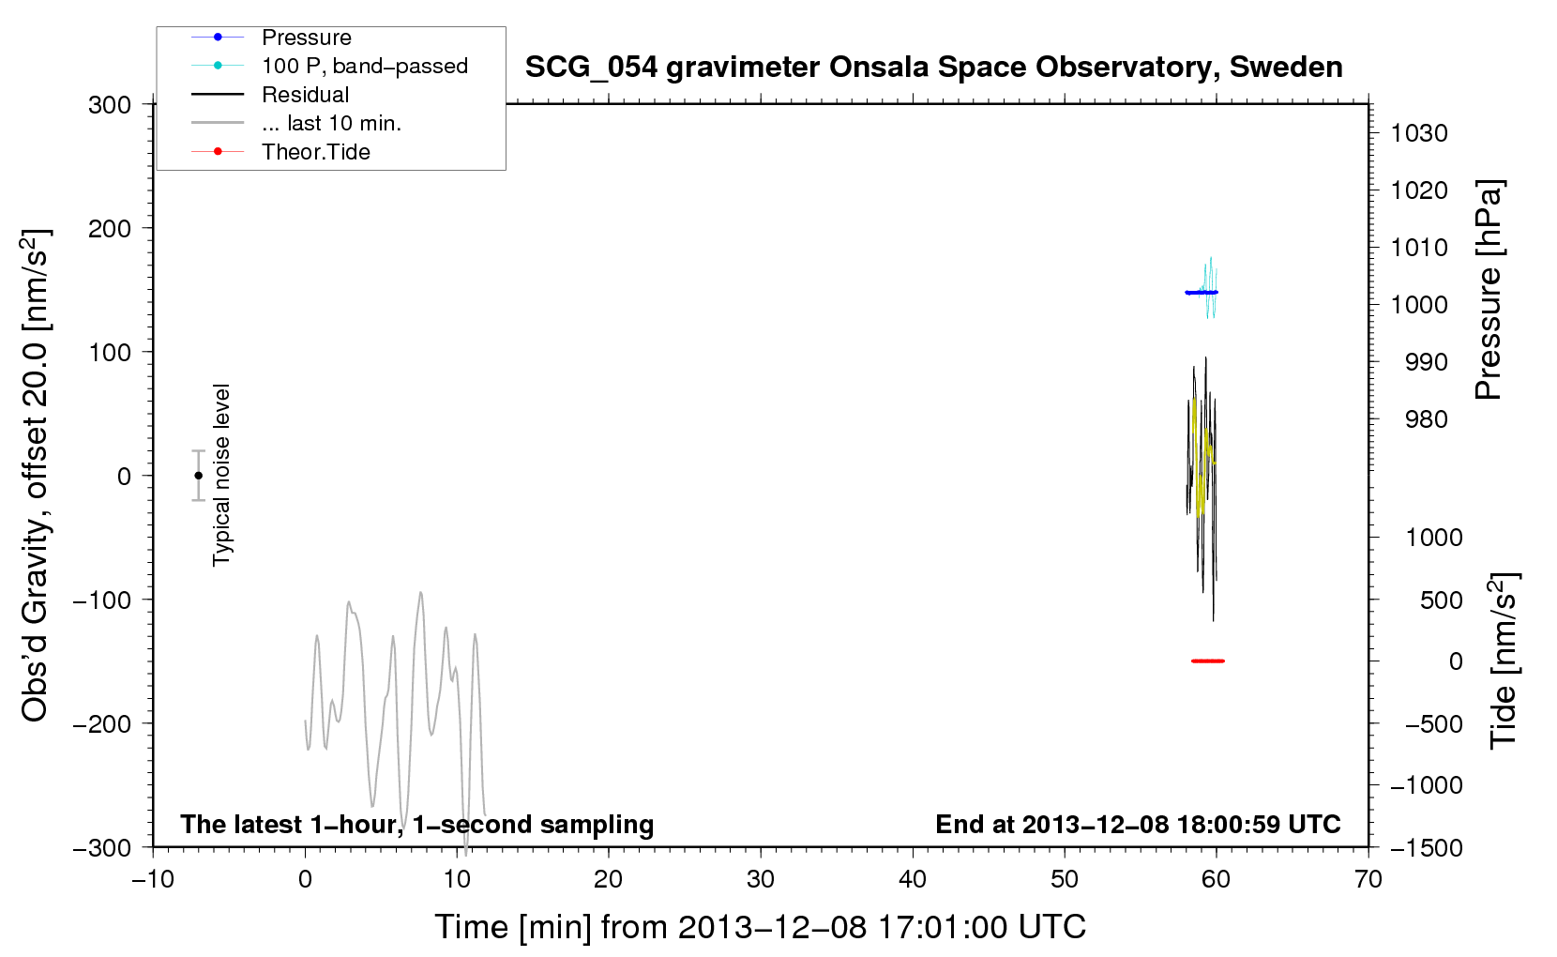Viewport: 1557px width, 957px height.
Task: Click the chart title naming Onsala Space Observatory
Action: [933, 68]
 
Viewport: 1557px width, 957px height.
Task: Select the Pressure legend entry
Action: [307, 37]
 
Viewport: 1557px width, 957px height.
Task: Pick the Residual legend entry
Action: [305, 95]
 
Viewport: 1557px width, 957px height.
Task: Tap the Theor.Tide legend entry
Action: [315, 152]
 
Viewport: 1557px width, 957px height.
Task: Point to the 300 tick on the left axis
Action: [110, 105]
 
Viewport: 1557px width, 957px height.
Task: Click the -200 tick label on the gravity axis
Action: [102, 724]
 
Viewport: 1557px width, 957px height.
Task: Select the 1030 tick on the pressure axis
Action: [1419, 133]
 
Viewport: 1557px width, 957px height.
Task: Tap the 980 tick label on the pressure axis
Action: [1426, 419]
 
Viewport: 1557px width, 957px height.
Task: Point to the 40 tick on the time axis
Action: [912, 879]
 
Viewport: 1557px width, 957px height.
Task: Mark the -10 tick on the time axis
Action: [153, 879]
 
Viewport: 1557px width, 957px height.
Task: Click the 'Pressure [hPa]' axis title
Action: [1489, 290]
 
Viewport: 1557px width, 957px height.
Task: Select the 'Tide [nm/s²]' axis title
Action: [1504, 661]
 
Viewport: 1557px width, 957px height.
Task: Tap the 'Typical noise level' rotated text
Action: [221, 475]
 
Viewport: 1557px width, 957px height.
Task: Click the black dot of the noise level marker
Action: [198, 476]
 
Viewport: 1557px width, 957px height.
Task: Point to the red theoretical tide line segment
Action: [1208, 661]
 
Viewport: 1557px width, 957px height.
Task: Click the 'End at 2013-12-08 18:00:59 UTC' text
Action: [1138, 824]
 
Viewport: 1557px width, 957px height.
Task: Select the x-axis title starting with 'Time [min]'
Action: [761, 928]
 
